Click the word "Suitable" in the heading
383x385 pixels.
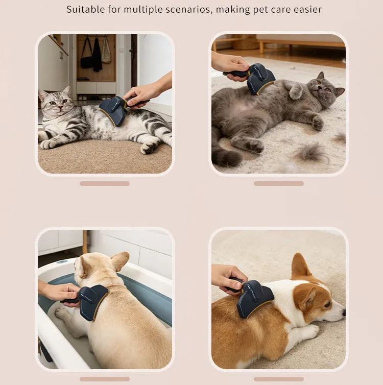(85, 9)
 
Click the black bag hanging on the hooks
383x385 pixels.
(87, 57)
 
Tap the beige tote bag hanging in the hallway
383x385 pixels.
(106, 52)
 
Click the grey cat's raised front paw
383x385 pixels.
(295, 91)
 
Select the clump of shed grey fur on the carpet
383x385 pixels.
(312, 153)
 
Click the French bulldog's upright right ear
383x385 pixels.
(119, 261)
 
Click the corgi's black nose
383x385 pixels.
(344, 312)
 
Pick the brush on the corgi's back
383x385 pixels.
(252, 298)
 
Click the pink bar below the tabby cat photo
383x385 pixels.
(105, 183)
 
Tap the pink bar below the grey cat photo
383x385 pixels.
(279, 183)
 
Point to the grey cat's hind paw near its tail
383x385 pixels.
(255, 146)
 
